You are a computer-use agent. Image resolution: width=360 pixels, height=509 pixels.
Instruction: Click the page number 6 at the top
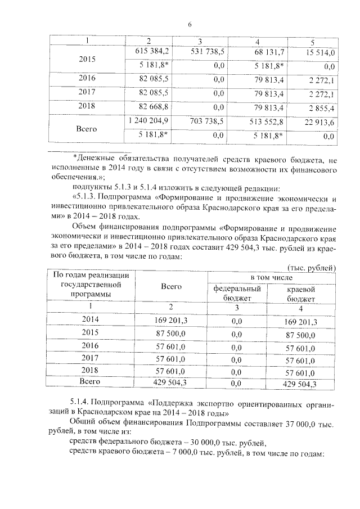tap(190, 24)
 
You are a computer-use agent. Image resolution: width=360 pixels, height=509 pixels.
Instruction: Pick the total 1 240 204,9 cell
tap(148, 121)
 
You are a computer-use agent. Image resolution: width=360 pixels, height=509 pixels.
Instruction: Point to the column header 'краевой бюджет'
tap(300, 294)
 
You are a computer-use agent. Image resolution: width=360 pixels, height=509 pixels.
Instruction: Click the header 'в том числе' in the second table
tap(271, 278)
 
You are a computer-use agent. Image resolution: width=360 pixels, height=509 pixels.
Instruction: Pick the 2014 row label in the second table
tap(90, 321)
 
